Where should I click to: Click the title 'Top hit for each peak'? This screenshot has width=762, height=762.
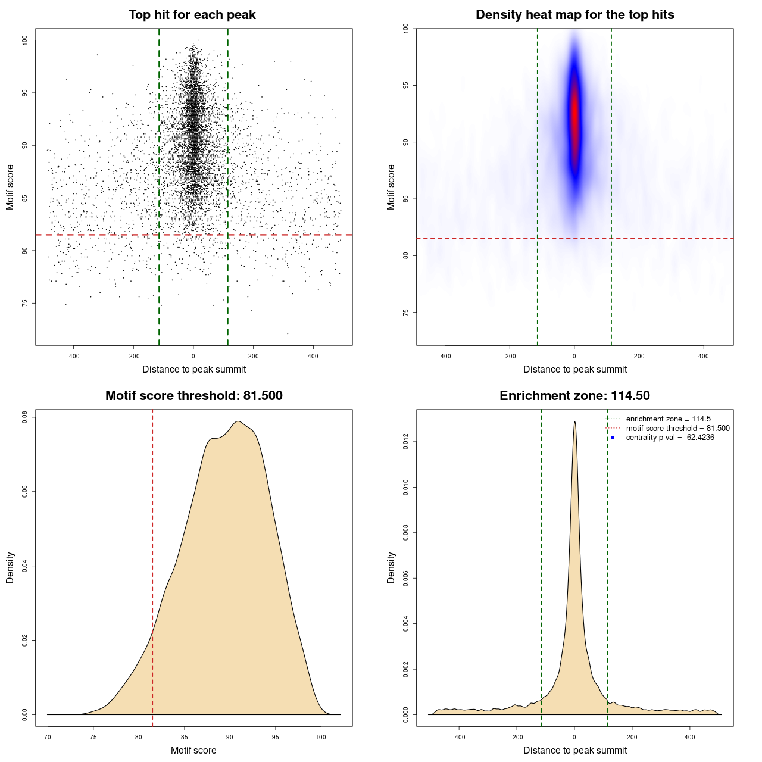[x=192, y=15]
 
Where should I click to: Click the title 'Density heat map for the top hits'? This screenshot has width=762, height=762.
[x=574, y=15]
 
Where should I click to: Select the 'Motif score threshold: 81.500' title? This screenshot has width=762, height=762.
[x=193, y=396]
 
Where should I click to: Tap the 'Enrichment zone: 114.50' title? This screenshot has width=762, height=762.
[x=574, y=396]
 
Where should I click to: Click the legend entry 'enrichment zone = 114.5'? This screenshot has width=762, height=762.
[x=668, y=419]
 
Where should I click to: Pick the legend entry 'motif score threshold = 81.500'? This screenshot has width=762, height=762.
[x=677, y=428]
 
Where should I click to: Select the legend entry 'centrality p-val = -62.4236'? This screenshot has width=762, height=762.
[x=670, y=438]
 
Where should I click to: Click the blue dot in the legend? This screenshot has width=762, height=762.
[x=613, y=438]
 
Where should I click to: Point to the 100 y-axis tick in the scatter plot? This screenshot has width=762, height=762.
[x=25, y=40]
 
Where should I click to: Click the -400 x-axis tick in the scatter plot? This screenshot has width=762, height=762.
[x=73, y=357]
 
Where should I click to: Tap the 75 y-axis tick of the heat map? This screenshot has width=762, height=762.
[x=405, y=312]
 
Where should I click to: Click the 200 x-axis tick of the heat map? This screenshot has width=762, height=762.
[x=639, y=357]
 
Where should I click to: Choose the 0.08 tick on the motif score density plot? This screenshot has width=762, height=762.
[x=25, y=417]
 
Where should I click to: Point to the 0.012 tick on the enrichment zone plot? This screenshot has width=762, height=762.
[x=405, y=442]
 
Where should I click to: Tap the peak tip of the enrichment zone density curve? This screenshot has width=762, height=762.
[x=574, y=421]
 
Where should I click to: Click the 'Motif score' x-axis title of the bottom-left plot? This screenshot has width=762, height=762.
[x=193, y=750]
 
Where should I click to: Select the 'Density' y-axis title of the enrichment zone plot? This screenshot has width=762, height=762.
[x=391, y=567]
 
